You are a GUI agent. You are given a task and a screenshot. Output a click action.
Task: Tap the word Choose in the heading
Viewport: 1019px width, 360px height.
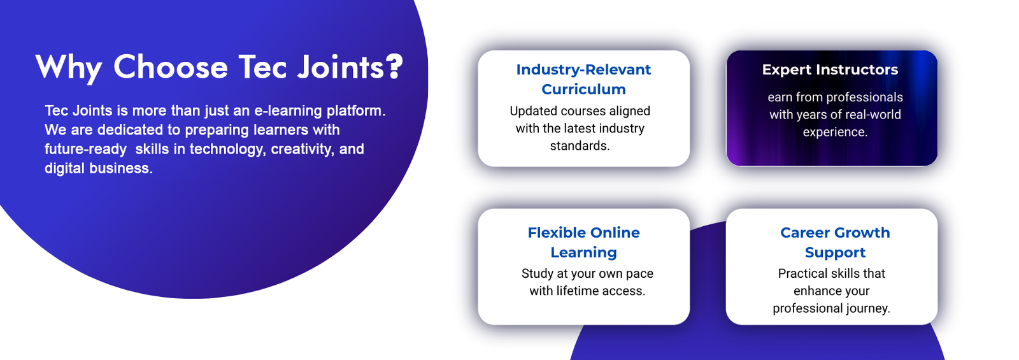(x=171, y=68)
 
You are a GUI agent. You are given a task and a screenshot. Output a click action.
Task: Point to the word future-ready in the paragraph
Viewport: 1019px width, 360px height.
(x=85, y=149)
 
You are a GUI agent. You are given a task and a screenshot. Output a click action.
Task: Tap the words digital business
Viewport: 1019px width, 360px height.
(x=99, y=168)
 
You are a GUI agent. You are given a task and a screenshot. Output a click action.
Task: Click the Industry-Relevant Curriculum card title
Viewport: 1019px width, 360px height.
(x=583, y=79)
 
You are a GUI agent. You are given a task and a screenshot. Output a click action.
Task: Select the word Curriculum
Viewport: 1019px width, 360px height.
(x=583, y=89)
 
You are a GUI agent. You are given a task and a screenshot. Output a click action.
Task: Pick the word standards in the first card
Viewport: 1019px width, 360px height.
(x=580, y=146)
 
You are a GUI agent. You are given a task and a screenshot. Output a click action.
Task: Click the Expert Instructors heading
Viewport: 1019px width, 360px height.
(x=830, y=69)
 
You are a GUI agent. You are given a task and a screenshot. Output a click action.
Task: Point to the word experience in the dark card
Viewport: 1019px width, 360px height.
(x=835, y=132)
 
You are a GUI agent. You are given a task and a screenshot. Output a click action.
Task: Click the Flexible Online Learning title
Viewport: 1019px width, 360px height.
(x=583, y=242)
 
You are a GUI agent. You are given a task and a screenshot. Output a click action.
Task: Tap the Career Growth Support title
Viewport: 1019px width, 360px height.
(x=835, y=242)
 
